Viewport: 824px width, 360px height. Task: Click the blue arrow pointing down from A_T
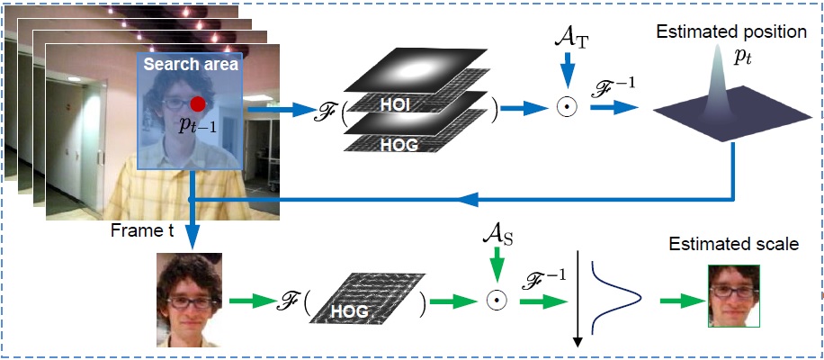[569, 69]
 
